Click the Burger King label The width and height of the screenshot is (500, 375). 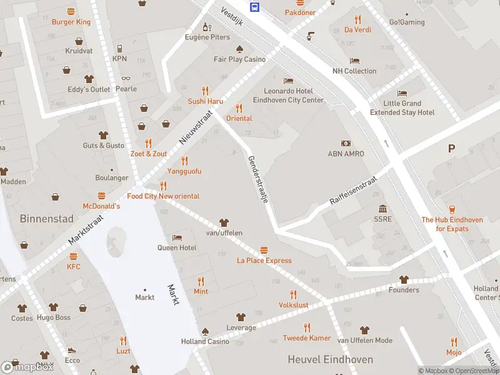71,22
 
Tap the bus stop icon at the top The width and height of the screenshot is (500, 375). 255,7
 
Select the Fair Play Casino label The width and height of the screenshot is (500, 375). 239,59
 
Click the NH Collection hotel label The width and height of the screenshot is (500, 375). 354,71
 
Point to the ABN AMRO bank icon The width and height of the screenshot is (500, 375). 346,143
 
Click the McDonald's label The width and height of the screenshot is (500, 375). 101,206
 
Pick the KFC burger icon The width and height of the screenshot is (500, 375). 74,256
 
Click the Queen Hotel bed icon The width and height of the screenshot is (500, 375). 177,237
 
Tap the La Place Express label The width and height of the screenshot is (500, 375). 264,260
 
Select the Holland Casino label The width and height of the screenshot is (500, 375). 205,341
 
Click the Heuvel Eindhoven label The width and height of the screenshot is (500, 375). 330,359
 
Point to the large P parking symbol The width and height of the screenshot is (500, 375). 451,149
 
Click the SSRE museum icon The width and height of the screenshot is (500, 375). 382,209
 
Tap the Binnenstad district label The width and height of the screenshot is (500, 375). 46,219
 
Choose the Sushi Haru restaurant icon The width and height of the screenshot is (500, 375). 206,91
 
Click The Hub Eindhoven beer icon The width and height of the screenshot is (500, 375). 453,209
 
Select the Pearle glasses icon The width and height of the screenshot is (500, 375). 126,79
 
